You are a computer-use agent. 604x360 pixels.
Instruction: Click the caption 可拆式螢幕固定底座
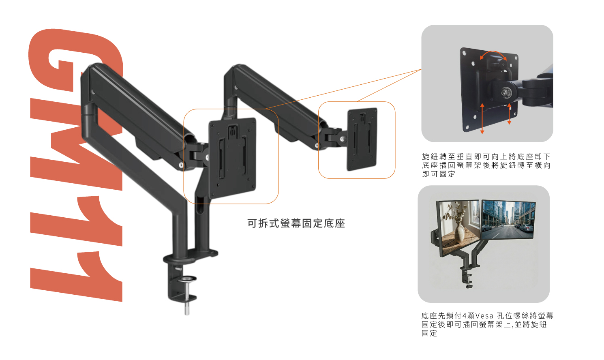tap(296, 223)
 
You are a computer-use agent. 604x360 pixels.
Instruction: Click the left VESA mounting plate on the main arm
tap(232, 158)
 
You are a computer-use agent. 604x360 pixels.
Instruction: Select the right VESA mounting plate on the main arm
tap(362, 139)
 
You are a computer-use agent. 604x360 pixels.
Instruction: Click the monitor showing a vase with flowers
tap(458, 228)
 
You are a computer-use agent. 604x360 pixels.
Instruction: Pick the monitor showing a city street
tap(508, 220)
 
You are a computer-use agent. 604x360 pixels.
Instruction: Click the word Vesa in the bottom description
tap(484, 315)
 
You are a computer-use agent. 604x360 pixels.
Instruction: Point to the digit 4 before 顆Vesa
tap(465, 315)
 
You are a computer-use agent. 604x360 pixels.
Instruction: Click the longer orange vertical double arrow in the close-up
tap(482, 119)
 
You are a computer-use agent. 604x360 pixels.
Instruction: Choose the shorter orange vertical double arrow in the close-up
tap(509, 114)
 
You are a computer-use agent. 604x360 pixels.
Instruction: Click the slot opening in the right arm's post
tap(201, 206)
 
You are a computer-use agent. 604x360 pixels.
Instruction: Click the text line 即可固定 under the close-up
tap(439, 174)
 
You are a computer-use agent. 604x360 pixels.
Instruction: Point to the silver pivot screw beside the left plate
tap(207, 156)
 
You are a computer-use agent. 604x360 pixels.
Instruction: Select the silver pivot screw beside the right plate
tap(342, 139)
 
